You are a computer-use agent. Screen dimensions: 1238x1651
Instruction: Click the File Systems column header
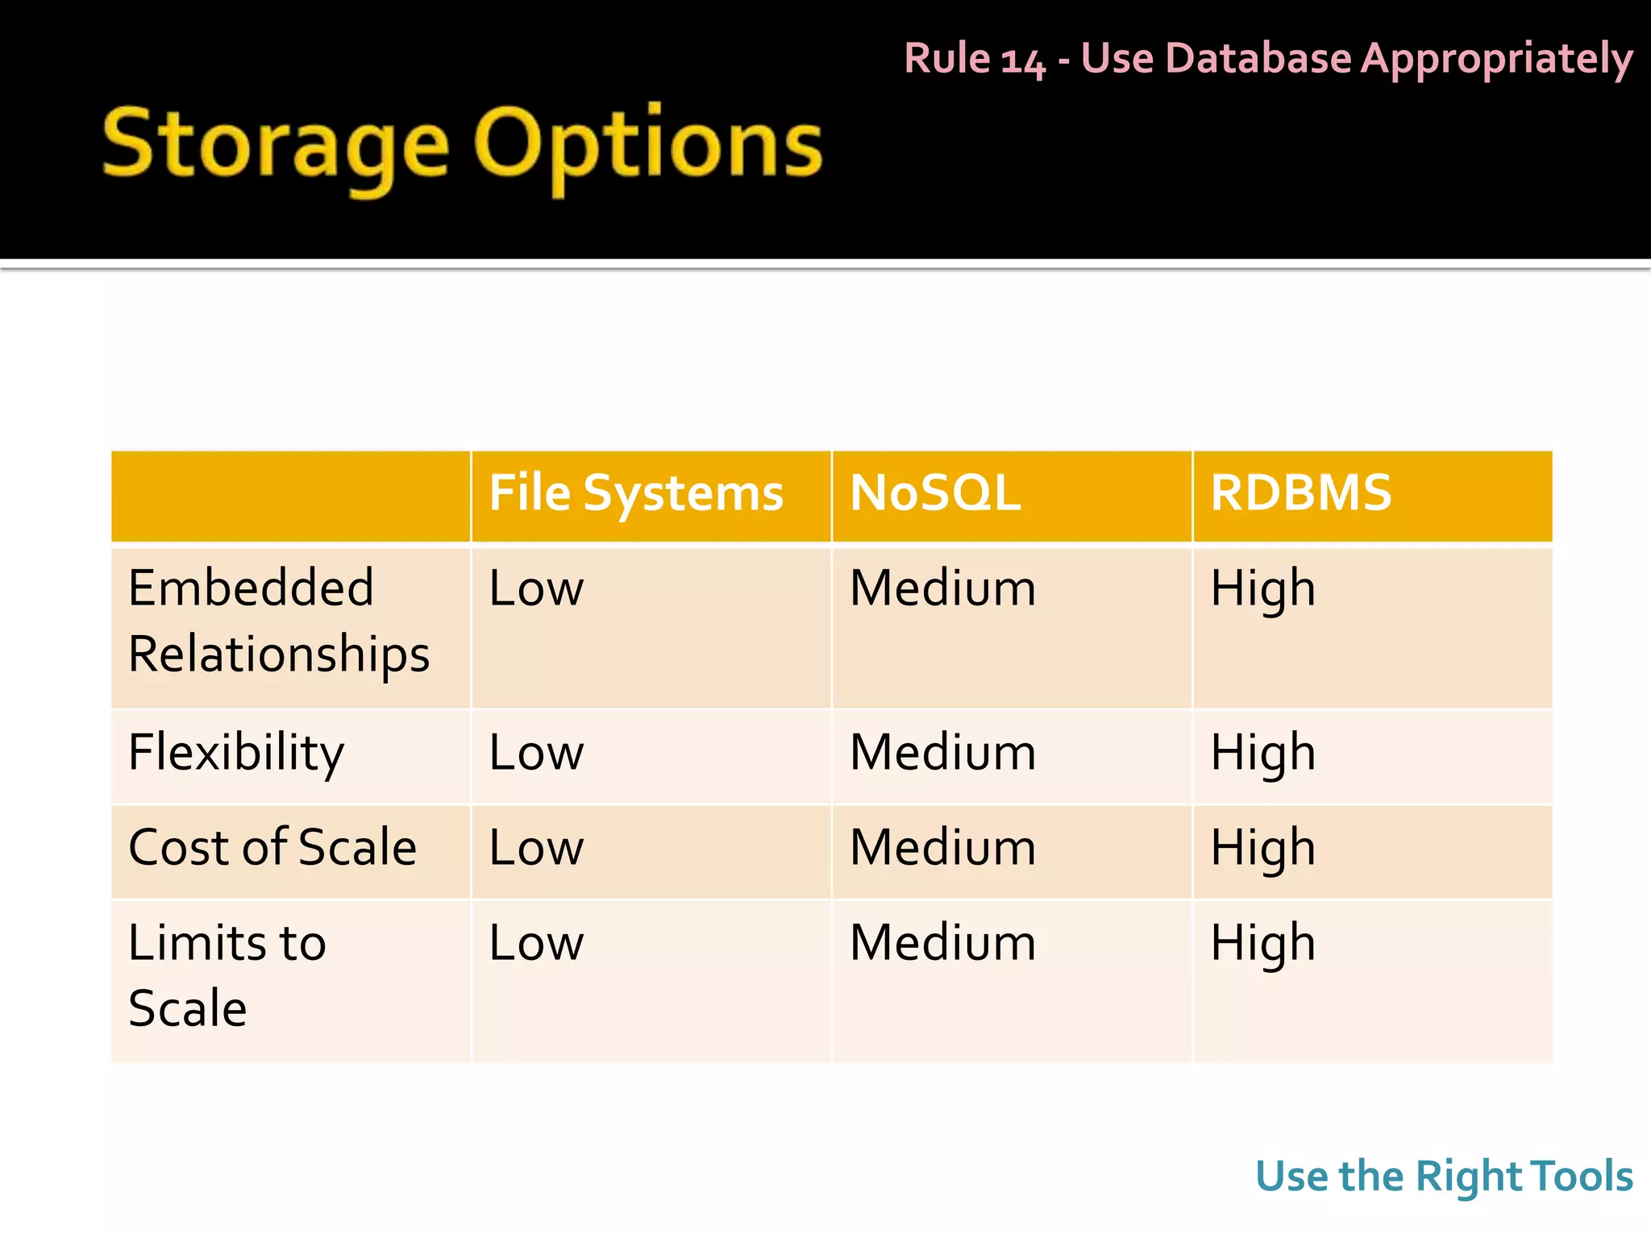[x=636, y=493]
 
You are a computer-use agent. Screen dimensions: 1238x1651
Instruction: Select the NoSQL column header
[x=935, y=493]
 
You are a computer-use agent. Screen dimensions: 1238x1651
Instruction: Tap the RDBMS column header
[x=1300, y=493]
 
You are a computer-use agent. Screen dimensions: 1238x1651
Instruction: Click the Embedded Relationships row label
[x=278, y=621]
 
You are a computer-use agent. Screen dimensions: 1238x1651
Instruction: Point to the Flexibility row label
[x=236, y=754]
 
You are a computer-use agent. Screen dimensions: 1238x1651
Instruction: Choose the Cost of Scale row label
[x=272, y=848]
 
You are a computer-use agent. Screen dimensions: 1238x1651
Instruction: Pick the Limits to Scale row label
[x=227, y=975]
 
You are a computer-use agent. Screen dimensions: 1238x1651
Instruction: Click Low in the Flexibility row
[x=536, y=754]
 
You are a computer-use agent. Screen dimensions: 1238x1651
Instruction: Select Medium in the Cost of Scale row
[x=942, y=848]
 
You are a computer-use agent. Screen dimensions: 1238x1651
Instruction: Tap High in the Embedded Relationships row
[x=1262, y=589]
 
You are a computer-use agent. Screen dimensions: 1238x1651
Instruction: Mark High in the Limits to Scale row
[x=1262, y=944]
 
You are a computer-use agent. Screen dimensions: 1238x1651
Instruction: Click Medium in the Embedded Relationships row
[x=942, y=589]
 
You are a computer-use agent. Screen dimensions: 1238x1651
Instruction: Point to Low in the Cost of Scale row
[x=536, y=848]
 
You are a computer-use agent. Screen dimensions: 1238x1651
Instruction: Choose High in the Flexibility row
[x=1262, y=754]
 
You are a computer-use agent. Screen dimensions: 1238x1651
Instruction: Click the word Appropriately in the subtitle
[x=1496, y=60]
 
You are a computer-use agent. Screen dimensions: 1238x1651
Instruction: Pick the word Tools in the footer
[x=1582, y=1176]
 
